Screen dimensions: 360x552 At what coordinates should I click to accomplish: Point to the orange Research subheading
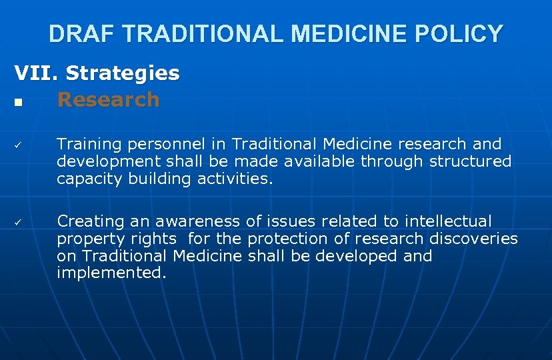(x=109, y=100)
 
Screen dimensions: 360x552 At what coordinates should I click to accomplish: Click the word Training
(x=88, y=144)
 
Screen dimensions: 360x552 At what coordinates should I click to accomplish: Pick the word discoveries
(x=473, y=239)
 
